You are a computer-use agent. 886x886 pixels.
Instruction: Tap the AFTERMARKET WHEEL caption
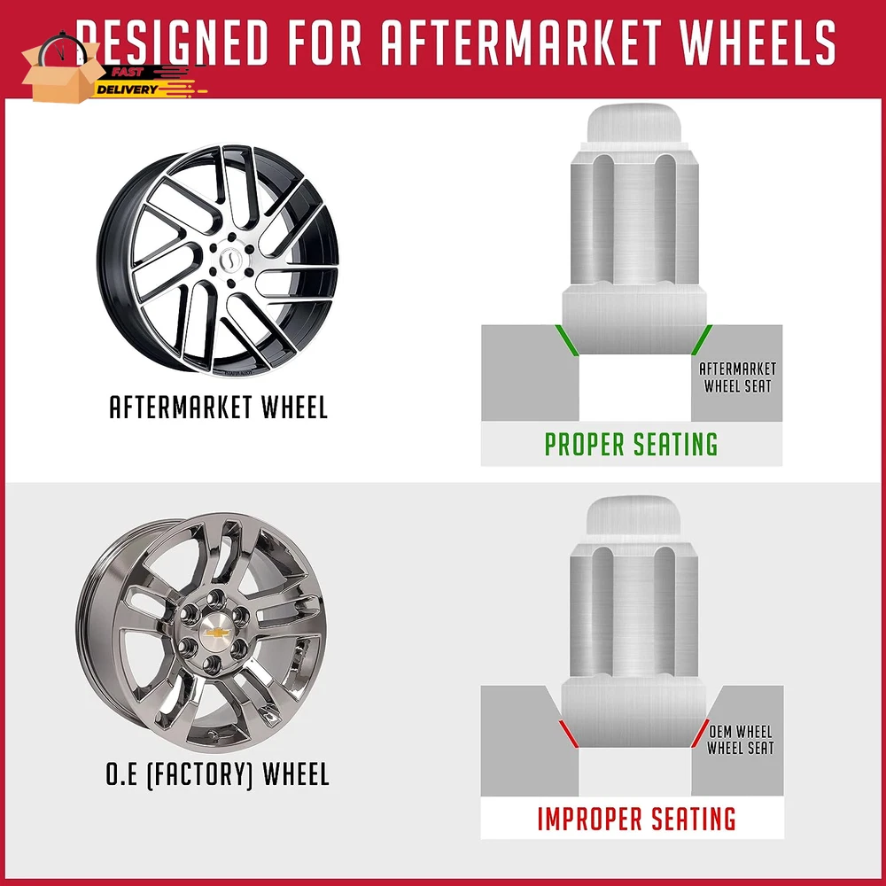coord(218,408)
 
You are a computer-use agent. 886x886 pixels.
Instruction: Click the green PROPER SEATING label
coord(631,444)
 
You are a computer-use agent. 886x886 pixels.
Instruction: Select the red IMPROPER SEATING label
coord(636,819)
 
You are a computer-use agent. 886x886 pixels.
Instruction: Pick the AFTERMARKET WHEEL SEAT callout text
coord(737,377)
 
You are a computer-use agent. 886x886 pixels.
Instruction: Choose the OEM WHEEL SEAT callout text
coord(740,740)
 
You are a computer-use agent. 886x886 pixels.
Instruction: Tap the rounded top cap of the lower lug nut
coord(632,515)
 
